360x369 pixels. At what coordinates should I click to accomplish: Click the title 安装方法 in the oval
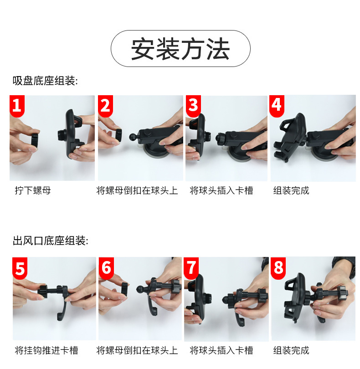pos(180,49)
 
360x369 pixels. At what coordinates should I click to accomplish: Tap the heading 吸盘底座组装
pos(45,81)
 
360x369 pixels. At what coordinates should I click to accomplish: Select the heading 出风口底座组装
pos(51,241)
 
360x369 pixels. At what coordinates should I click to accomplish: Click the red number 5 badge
pos(20,268)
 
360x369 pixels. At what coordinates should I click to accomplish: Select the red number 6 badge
pos(106,268)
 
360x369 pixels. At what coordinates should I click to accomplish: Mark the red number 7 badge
pos(191,268)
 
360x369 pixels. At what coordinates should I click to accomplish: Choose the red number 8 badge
pos(278,268)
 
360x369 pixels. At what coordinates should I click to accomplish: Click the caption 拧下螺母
pos(33,190)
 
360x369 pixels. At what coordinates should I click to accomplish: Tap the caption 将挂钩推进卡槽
pos(46,350)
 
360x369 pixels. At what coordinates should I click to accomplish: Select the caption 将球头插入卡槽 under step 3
pos(221,190)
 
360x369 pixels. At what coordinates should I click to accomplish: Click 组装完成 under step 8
pos(291,350)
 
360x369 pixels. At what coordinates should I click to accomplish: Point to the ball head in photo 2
pos(133,137)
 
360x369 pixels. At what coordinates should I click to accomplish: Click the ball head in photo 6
pos(140,289)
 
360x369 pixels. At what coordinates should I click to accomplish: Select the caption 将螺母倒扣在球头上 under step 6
pos(137,350)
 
